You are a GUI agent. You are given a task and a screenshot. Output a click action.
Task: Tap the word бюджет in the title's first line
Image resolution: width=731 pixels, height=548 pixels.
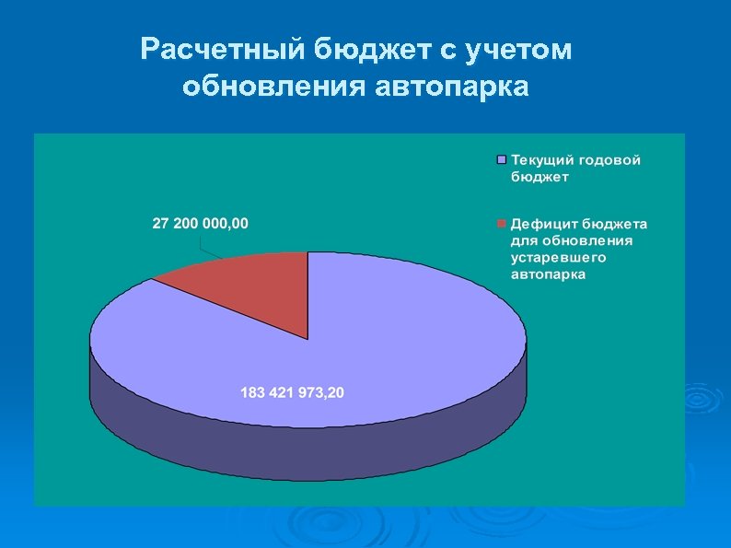365,50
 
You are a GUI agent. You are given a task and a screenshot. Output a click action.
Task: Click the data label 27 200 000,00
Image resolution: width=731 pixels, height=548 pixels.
200,225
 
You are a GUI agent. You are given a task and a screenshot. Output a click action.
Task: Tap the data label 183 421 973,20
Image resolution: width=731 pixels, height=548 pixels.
292,393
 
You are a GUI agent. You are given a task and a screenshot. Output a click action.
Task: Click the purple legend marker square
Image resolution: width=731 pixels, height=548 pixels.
502,159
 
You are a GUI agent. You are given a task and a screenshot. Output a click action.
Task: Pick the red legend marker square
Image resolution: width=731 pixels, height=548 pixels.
502,224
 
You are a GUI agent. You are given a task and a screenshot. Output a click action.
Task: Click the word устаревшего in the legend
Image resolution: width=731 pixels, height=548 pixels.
559,257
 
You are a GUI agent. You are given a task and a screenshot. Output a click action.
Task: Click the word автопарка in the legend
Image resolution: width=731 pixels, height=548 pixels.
548,274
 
